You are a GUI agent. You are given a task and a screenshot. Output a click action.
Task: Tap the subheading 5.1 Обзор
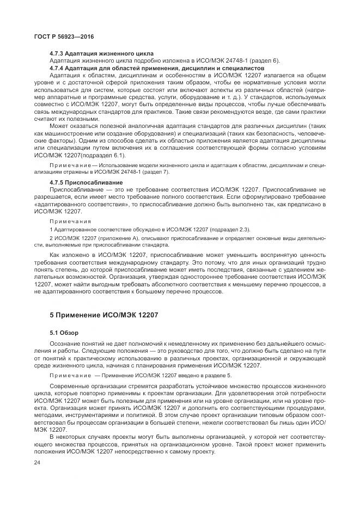64,333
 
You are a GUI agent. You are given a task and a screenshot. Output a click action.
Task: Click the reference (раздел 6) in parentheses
263,61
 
